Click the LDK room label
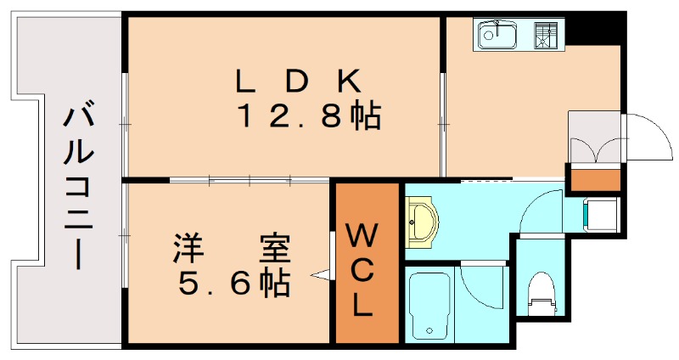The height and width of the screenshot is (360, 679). pos(299,82)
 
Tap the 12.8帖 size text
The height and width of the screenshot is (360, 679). pos(310,116)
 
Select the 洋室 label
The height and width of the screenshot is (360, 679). pos(232,248)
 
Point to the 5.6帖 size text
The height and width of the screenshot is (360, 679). pos(234,284)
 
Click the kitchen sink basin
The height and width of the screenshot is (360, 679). pos(497,35)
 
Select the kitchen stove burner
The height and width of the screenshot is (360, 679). pos(545,35)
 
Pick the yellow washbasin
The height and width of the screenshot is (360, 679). pos(422,222)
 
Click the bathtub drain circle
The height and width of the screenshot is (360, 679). pos(429,330)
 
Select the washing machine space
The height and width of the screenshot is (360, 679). pos(601,215)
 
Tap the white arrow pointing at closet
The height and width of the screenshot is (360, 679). pos(321,274)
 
